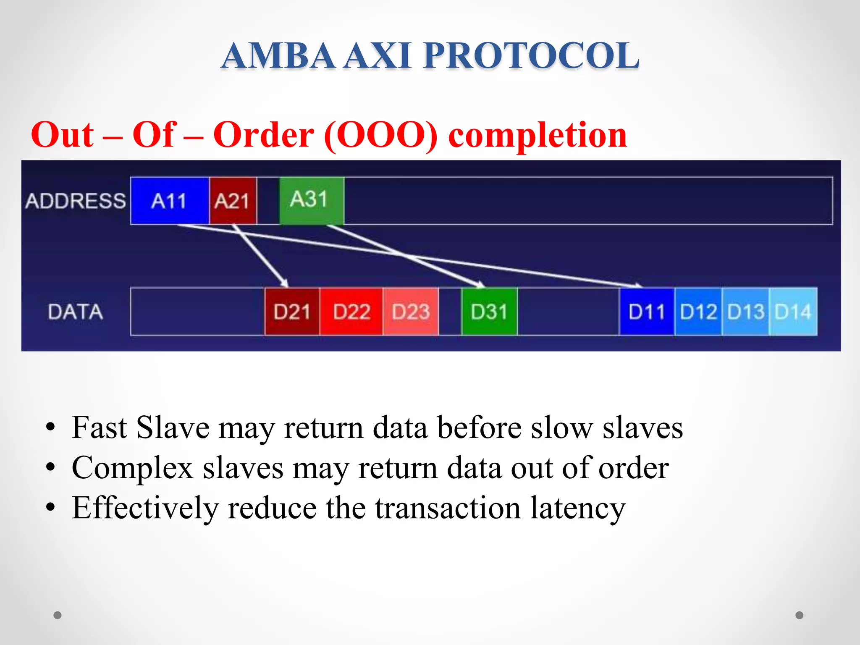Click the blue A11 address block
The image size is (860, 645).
tap(170, 201)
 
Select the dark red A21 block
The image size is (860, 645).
tap(233, 201)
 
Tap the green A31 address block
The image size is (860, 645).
tap(311, 200)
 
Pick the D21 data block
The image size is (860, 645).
tap(292, 312)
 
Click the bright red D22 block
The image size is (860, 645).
tap(351, 312)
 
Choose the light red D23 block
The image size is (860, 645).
tap(411, 312)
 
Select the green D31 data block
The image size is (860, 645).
tap(489, 312)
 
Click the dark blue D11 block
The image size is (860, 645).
tap(647, 312)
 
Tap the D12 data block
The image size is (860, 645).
tap(698, 312)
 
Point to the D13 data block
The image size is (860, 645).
tap(745, 312)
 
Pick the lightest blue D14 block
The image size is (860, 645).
tap(793, 312)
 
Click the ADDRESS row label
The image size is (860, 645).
tap(76, 201)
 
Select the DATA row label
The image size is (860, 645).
tap(76, 312)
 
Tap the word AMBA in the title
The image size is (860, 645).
tap(278, 55)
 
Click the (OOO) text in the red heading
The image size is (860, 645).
tap(381, 135)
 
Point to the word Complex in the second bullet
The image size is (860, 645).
tap(132, 468)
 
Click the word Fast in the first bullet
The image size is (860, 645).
tap(99, 427)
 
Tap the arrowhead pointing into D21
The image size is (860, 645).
tap(285, 284)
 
